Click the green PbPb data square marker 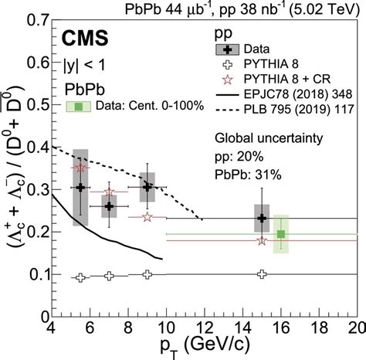[282, 234]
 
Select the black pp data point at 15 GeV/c [263, 218]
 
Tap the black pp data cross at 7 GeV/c [109, 206]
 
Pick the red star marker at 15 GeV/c [263, 240]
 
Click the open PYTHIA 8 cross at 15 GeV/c [263, 274]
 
